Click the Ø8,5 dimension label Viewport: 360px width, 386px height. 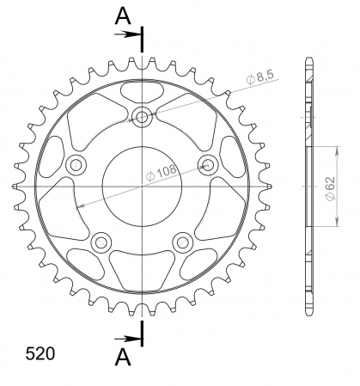(x=260, y=77)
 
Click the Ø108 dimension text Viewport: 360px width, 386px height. (x=162, y=172)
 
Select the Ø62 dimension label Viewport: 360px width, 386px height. (x=330, y=188)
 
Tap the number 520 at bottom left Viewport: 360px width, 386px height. (x=40, y=353)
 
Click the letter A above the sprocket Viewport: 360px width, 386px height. (x=123, y=15)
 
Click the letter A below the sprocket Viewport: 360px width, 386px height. (x=123, y=357)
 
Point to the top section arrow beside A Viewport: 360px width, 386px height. (x=127, y=34)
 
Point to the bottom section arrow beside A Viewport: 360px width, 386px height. (x=127, y=339)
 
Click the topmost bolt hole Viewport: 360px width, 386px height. (x=142, y=117)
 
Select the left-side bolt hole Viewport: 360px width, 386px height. (x=76, y=165)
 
